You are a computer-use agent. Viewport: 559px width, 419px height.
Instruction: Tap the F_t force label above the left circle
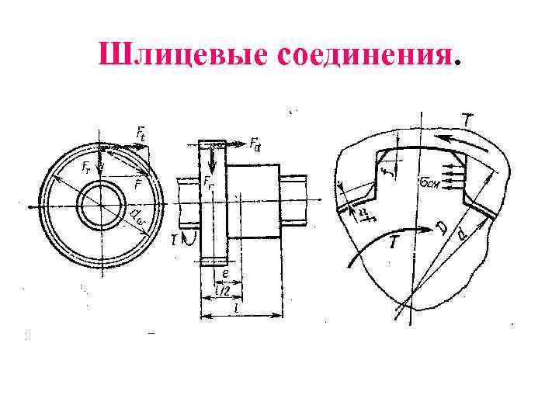pos(141,134)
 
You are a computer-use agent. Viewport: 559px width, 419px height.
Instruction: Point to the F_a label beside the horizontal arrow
pos(255,144)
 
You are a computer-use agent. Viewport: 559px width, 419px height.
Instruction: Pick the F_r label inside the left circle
pos(87,166)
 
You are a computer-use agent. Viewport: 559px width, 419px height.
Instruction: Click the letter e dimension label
pos(225,273)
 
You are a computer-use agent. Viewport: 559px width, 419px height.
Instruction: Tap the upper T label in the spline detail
pos(467,120)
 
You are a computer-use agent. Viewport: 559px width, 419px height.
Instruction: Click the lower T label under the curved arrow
pos(394,243)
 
